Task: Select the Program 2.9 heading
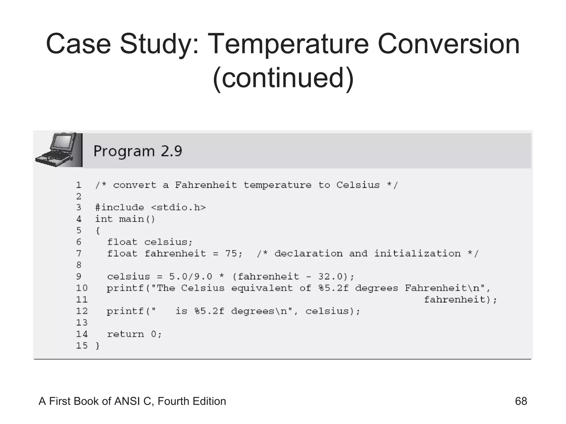pos(138,151)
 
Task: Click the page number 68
pos(521,401)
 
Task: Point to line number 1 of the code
pos(79,185)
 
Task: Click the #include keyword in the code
pos(119,208)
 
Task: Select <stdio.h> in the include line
pos(179,208)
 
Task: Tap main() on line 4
pos(137,219)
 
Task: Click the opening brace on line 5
pos(98,230)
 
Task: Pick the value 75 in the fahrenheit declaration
pos(231,253)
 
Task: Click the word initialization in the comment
pos(417,253)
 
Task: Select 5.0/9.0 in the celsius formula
pos(191,277)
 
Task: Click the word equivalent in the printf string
pos(262,288)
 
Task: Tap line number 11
pos(82,300)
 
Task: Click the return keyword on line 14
pos(125,334)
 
